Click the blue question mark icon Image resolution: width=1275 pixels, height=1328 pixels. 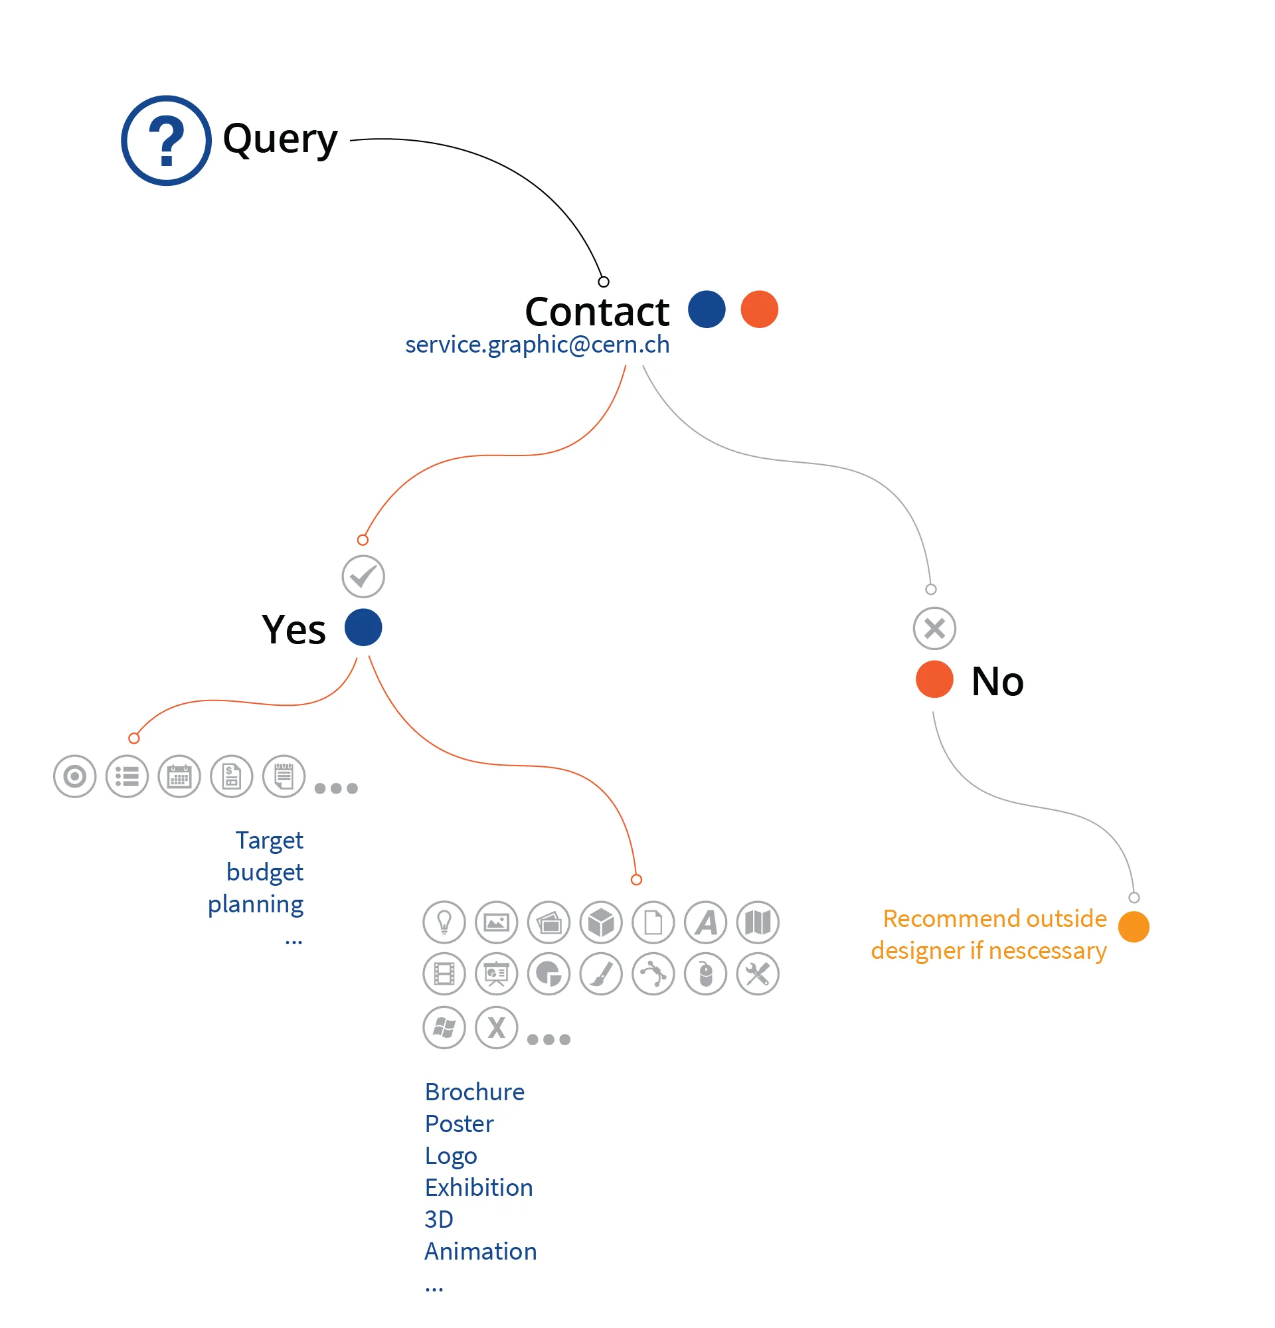pos(166,140)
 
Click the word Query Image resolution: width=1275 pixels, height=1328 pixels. pos(280,139)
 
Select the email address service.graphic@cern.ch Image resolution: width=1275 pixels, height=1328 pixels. pos(537,345)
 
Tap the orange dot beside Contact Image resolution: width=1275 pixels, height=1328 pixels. pos(760,309)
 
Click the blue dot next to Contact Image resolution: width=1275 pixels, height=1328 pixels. pos(707,309)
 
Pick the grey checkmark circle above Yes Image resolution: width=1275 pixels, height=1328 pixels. pos(363,576)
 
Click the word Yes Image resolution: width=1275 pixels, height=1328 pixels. pos(294,629)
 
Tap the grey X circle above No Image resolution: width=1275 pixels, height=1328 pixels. pos(934,629)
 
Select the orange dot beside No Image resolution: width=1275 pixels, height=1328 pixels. pos(934,679)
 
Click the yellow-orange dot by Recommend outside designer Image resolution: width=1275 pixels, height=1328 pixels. pos(1134,927)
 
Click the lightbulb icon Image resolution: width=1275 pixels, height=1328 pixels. pos(444,922)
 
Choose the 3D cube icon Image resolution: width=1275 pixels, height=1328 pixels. pos(601,922)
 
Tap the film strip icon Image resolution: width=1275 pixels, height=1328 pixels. pos(444,974)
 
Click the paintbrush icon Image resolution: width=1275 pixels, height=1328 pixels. pos(601,974)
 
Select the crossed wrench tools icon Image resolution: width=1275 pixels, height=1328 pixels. pos(758,974)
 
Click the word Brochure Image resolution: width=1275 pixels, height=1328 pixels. pos(474,1092)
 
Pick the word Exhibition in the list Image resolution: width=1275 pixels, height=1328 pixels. pos(479,1188)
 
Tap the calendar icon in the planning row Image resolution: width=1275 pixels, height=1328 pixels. pos(179,776)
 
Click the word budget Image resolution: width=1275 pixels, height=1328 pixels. pos(265,872)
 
